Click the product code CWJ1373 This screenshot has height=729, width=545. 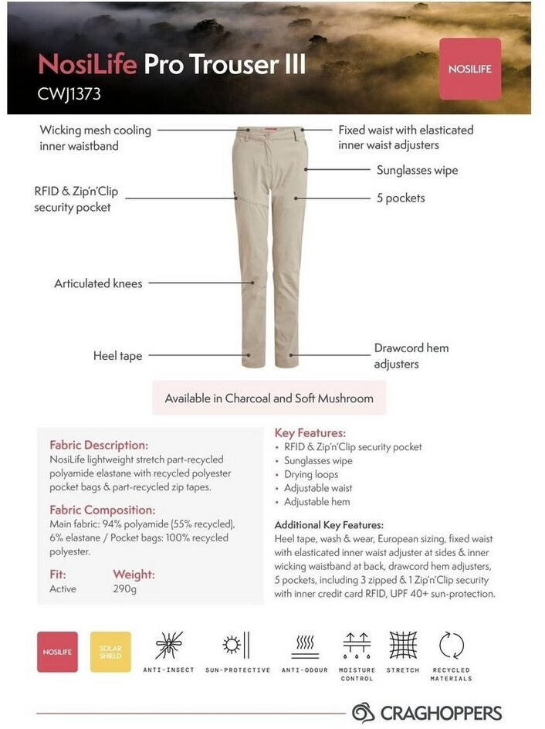(x=69, y=94)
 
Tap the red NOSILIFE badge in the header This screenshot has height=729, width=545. (x=469, y=70)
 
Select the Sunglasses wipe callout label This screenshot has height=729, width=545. (x=417, y=171)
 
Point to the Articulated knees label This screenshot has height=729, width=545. (x=98, y=283)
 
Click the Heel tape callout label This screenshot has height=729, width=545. (x=117, y=356)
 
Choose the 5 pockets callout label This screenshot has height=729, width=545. (x=400, y=198)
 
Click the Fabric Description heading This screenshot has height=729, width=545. (x=98, y=445)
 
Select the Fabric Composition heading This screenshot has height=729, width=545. (x=102, y=510)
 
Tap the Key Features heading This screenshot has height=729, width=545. (x=310, y=433)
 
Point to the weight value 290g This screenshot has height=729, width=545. (x=124, y=589)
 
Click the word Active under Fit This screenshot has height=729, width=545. (x=63, y=589)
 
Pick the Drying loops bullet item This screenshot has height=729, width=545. (x=311, y=474)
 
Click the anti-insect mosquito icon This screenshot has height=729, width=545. (x=168, y=646)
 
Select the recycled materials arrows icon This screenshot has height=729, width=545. (x=452, y=645)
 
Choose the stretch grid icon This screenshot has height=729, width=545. (x=403, y=645)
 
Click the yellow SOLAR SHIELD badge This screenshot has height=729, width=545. (x=110, y=652)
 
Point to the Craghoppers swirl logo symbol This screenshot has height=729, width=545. (x=363, y=712)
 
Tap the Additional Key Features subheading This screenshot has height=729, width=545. (x=329, y=524)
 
